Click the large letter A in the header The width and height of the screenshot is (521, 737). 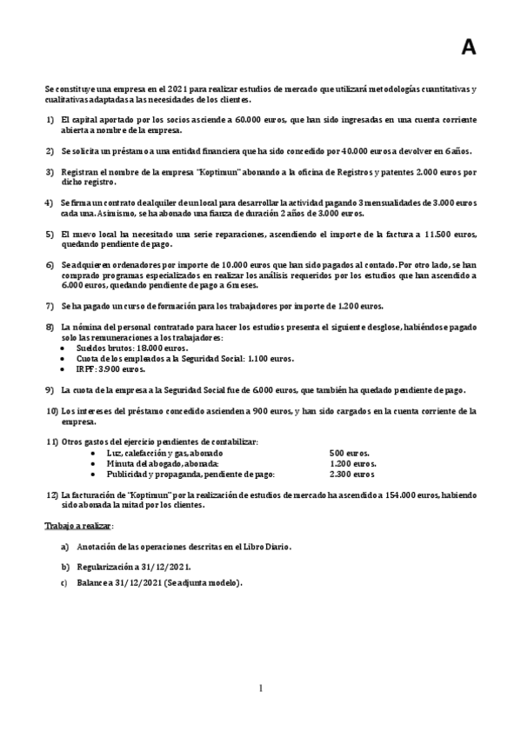(x=468, y=49)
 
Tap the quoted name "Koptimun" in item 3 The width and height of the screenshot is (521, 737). (x=187, y=172)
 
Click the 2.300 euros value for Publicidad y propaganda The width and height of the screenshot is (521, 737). (x=352, y=474)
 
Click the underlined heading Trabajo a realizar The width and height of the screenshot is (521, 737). (x=78, y=527)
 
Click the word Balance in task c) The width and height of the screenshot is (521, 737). (x=94, y=582)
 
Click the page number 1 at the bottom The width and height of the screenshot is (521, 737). (x=260, y=689)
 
